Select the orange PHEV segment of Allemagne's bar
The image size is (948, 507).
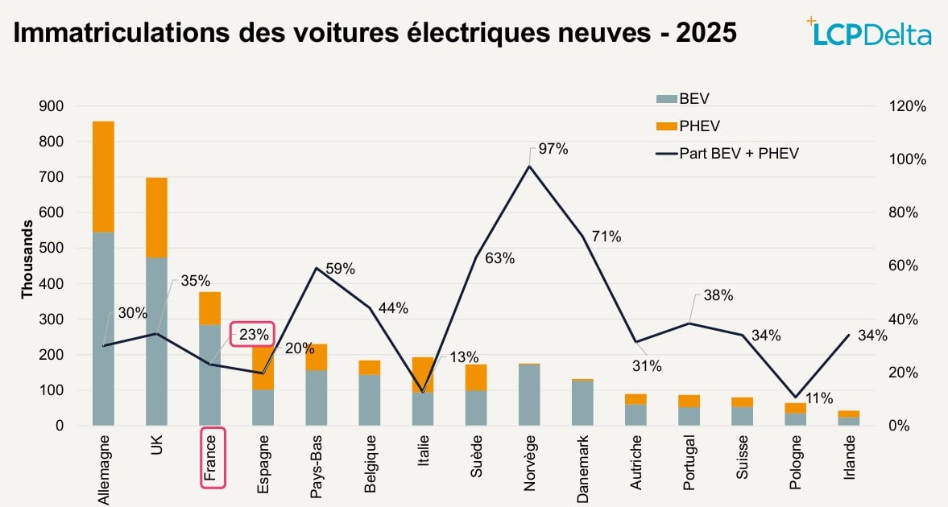point(103,176)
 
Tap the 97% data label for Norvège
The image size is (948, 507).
point(554,149)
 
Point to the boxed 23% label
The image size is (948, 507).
point(253,335)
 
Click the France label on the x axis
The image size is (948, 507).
point(212,458)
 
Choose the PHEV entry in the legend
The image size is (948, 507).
point(689,126)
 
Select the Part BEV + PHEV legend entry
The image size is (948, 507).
point(729,153)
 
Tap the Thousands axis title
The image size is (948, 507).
point(27,266)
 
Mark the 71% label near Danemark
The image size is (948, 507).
point(606,237)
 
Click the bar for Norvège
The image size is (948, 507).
point(529,394)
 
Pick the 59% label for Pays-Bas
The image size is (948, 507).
point(340,269)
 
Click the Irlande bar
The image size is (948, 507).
point(848,417)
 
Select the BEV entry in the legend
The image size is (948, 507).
point(685,98)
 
